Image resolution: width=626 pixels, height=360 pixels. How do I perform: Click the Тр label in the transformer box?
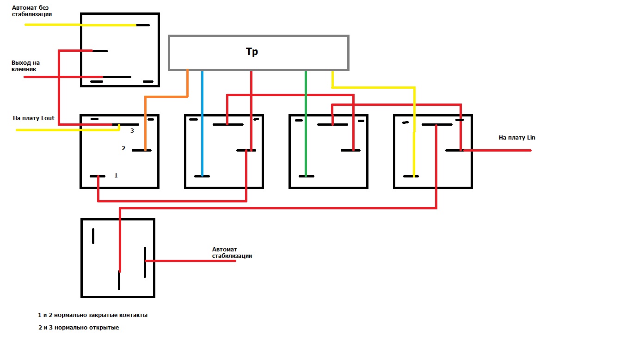(x=252, y=52)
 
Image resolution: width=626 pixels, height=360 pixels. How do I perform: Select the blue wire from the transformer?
(x=202, y=123)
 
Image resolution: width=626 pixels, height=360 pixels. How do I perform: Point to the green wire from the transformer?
(x=306, y=123)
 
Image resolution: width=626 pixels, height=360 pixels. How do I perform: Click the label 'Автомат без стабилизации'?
(x=31, y=11)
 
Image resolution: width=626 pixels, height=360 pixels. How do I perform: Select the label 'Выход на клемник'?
(x=25, y=66)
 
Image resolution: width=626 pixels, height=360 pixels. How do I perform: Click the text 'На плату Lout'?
(x=34, y=118)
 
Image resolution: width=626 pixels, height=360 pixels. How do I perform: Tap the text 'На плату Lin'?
(x=517, y=137)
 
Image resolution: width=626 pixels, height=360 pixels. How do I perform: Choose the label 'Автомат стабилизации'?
(x=232, y=252)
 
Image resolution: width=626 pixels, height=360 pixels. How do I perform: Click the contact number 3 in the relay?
(x=132, y=130)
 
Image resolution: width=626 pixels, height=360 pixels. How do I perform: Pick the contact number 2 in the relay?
(x=123, y=148)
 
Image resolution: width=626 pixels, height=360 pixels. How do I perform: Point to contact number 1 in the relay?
(x=116, y=176)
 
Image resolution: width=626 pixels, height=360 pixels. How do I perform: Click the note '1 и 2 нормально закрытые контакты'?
(x=92, y=315)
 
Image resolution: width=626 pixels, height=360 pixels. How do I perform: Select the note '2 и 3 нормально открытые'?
(x=79, y=327)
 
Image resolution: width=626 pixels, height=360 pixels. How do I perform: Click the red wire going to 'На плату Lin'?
(x=497, y=150)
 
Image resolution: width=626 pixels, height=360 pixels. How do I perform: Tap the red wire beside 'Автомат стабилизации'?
(x=190, y=261)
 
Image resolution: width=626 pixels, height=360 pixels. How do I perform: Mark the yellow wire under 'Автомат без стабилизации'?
(x=80, y=25)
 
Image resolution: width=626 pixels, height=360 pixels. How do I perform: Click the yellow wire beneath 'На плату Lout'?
(x=68, y=130)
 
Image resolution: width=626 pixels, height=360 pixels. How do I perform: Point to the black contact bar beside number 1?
(x=97, y=176)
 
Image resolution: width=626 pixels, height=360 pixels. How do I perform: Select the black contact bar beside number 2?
(x=141, y=150)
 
